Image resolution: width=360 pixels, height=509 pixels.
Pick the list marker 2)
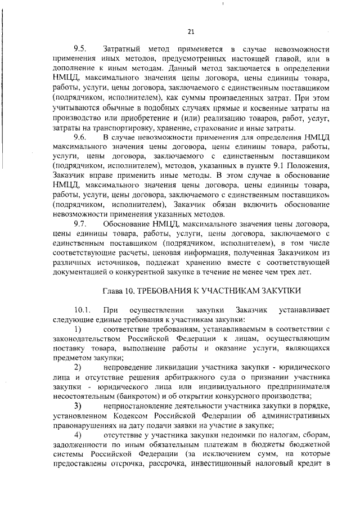[78, 367]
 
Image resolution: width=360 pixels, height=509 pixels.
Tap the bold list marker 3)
[78, 406]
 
